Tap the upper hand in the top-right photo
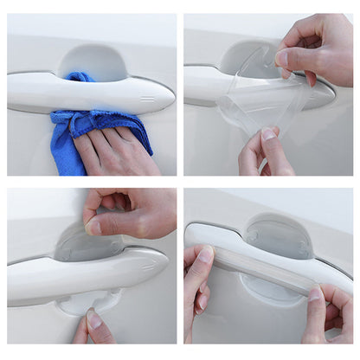pyautogui.click(x=316, y=48)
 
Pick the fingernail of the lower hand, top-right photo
pyautogui.click(x=270, y=134)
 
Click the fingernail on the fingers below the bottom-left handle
pyautogui.click(x=93, y=319)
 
